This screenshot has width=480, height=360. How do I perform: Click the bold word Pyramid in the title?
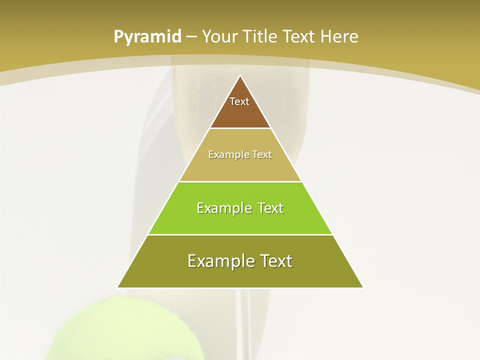tap(147, 37)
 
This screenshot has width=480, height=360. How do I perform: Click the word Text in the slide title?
tap(300, 37)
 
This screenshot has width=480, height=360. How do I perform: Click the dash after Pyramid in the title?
tap(191, 37)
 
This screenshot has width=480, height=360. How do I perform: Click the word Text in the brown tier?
tap(239, 101)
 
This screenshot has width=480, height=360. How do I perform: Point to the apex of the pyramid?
tap(240, 76)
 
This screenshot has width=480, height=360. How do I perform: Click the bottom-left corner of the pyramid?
tap(118, 287)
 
